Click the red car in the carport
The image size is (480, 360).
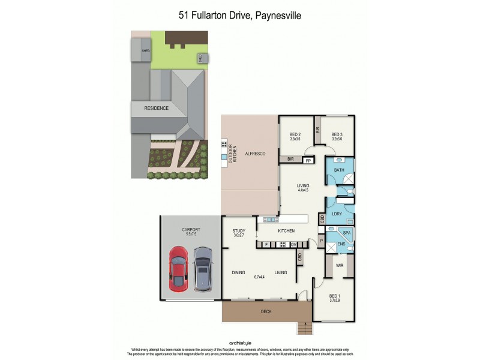tap(179, 268)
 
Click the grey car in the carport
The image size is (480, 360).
tap(203, 268)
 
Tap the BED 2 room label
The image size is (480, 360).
tap(295, 135)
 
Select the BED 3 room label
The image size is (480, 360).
tap(337, 135)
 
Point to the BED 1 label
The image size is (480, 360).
tap(335, 296)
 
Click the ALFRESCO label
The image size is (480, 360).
tap(255, 154)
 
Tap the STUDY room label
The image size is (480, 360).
tap(239, 231)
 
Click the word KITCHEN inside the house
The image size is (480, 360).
tap(286, 231)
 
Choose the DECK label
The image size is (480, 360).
tap(266, 311)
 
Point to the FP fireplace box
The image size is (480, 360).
tap(308, 160)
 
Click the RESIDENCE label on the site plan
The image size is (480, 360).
tap(156, 109)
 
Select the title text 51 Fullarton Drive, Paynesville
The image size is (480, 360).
tap(239, 16)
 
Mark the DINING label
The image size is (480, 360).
tap(238, 273)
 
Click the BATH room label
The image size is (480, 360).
tap(339, 170)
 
